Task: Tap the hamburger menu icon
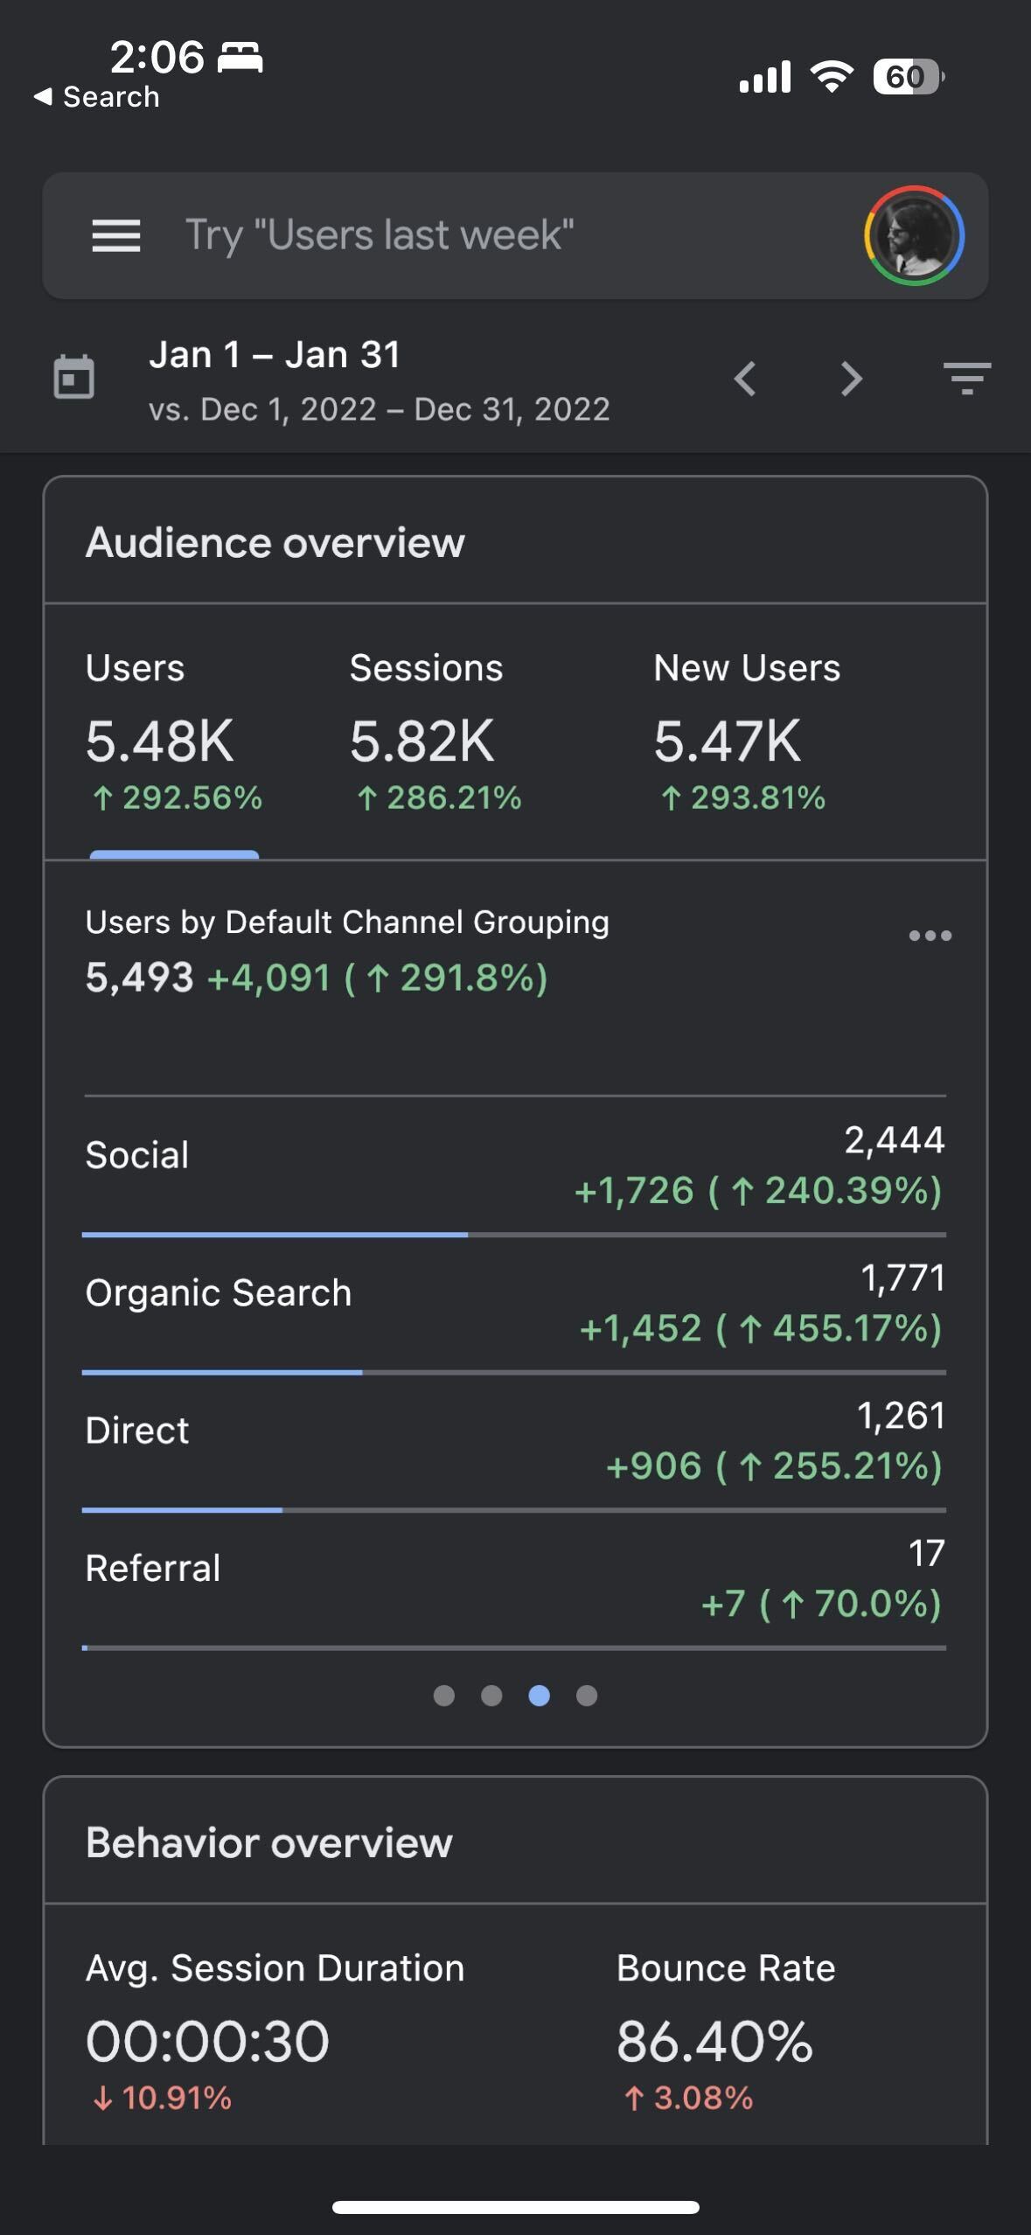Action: pos(116,235)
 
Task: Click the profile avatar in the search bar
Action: pos(914,235)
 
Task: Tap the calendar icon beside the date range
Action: pos(74,378)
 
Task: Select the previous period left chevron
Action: pos(745,379)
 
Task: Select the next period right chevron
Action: pos(851,379)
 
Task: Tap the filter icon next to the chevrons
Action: pos(967,379)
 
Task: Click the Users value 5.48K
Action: pos(160,742)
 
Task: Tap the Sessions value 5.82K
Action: pos(422,742)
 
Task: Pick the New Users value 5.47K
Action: pos(727,742)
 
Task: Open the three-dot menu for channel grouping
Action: pos(930,936)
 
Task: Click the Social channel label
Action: pos(137,1155)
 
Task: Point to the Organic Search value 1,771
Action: pos(902,1278)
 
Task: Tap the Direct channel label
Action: pos(137,1431)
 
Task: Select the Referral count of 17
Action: pos(926,1554)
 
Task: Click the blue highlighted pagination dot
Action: pos(540,1695)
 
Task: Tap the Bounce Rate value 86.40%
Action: pos(714,2042)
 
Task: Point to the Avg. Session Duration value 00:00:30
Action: pos(208,2042)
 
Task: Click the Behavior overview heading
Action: pos(269,1843)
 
